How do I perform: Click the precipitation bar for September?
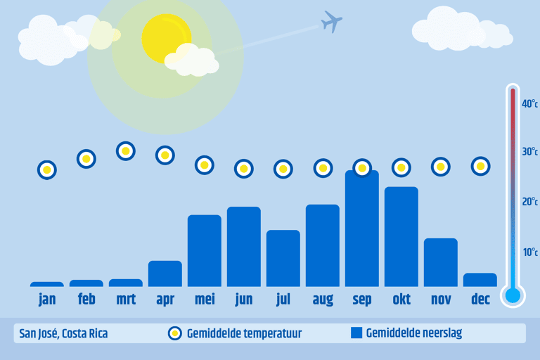pos(362,229)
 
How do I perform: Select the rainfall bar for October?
pos(401,237)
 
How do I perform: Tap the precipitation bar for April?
pos(165,274)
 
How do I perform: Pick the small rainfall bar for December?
pos(480,280)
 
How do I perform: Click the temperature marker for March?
pos(126,151)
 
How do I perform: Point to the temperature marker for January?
pos(47,170)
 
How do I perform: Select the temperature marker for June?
pos(244,169)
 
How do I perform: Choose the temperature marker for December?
pos(480,167)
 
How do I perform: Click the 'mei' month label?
pos(205,299)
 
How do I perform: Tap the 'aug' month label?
pos(323,300)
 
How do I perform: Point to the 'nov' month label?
pos(441,300)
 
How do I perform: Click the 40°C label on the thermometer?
pos(529,103)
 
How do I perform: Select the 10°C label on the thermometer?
pos(530,252)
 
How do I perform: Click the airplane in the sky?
pos(331,22)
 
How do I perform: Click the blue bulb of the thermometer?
pos(513,295)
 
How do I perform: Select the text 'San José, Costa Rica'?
pos(63,333)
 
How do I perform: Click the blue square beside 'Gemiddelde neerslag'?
pos(356,333)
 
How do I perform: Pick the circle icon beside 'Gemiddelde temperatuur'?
pos(175,333)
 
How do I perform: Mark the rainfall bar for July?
pos(283,258)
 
